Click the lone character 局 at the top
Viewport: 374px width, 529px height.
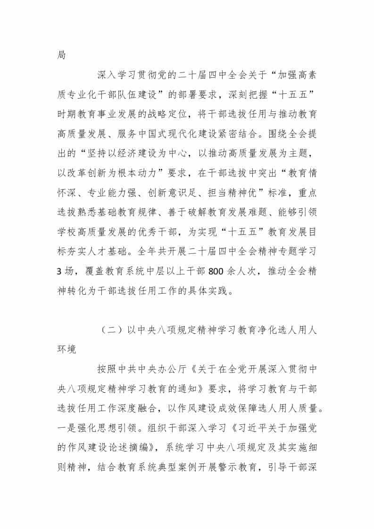[x=61, y=55]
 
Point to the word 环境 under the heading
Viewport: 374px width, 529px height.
[x=67, y=349]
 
